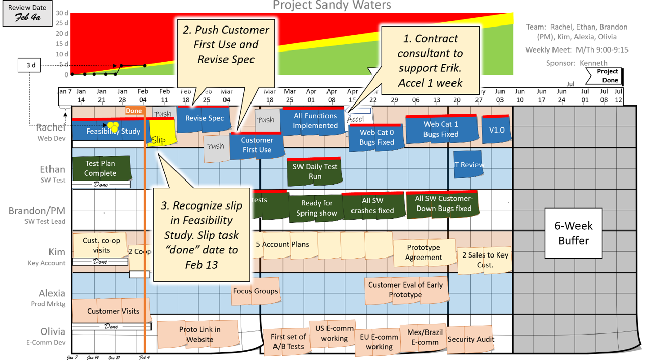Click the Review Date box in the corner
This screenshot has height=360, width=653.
27,13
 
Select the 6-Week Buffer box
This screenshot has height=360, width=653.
573,233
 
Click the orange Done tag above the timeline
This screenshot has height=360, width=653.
134,111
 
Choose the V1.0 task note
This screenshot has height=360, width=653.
496,130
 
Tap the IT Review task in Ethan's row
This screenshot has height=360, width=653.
468,165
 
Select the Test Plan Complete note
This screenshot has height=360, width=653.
101,168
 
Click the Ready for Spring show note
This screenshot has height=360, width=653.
316,208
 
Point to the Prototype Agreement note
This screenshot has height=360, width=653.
423,252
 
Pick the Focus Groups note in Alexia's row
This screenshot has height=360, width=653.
255,291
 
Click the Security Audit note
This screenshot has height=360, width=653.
471,339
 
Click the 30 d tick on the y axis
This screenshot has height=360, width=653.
62,13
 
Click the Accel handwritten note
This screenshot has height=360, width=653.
356,119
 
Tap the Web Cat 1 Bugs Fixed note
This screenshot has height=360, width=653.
441,129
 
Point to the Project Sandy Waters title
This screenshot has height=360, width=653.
332,6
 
